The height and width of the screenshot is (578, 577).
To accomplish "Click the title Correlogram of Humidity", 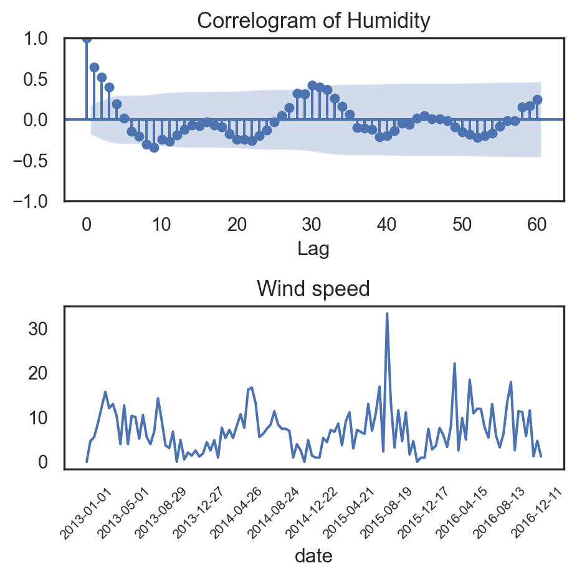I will [x=314, y=21].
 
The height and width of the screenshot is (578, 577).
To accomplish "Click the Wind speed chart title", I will [x=314, y=289].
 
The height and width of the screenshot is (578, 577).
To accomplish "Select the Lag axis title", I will [x=313, y=249].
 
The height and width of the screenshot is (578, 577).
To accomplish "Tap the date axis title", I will [x=313, y=556].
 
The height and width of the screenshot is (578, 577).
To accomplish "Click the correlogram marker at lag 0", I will [x=87, y=39].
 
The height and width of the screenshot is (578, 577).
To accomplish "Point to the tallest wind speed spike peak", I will [x=387, y=314].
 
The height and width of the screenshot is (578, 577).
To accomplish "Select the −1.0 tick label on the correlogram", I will [x=37, y=201].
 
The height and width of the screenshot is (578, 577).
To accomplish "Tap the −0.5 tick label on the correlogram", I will [x=37, y=161].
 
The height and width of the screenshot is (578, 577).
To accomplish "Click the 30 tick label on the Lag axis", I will [x=312, y=225].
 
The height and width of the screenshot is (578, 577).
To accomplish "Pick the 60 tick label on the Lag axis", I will [x=537, y=225].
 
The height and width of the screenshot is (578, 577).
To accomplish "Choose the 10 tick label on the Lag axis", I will [x=162, y=225].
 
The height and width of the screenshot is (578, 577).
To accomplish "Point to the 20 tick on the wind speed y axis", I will [x=39, y=373].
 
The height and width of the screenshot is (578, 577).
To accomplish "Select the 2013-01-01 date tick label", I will [x=87, y=513].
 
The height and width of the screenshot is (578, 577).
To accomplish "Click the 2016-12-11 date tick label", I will [x=538, y=513].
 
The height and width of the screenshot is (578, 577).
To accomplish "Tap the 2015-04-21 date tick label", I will [x=350, y=513].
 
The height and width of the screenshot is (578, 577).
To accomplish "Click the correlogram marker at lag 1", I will [x=94, y=67].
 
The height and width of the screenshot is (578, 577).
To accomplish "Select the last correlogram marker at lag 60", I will [x=537, y=100].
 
